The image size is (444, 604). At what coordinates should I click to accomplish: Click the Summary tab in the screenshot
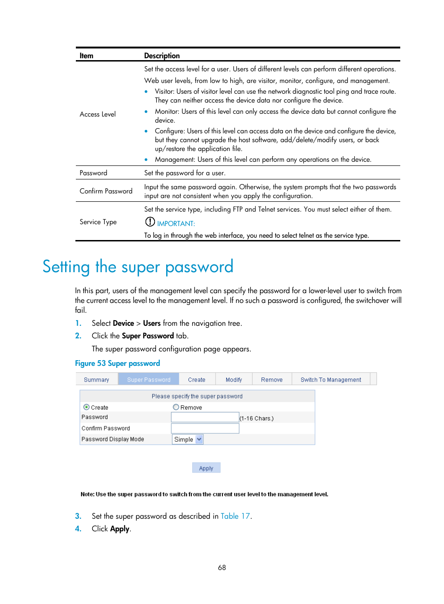point(96,380)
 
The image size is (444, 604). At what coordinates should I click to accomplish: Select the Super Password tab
point(148,380)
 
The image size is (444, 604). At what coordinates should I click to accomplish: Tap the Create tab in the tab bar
point(196,380)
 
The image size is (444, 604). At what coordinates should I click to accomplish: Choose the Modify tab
point(234,380)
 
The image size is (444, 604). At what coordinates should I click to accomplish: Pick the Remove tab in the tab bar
point(272,380)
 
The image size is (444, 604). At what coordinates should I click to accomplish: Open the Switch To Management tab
point(330,380)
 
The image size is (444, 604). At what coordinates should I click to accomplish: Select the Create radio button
point(87,407)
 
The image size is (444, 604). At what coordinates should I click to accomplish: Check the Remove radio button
point(176,407)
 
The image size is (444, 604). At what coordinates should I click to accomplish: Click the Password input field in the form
point(205,418)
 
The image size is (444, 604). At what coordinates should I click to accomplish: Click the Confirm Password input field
point(205,428)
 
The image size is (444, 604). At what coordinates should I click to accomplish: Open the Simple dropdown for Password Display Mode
point(188,439)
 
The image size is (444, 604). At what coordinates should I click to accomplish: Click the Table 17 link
point(235,516)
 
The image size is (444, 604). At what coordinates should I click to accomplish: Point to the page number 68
point(222,568)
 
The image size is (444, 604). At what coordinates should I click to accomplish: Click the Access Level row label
point(98,114)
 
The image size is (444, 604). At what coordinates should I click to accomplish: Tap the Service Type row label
point(98,222)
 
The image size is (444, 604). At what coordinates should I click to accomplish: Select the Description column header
point(162,55)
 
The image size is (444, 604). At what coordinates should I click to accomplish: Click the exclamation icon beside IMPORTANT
point(150,222)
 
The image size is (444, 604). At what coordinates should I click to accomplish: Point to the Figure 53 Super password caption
point(117,364)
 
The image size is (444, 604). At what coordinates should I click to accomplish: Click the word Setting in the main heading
point(66,267)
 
